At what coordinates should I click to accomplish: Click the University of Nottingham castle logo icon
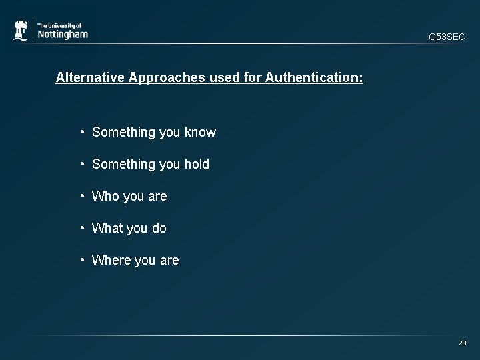(21, 31)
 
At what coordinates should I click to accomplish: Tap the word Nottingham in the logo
(62, 34)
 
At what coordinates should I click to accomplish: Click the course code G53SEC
(447, 37)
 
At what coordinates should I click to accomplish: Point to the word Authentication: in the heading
(314, 78)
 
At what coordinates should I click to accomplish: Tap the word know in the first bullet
(201, 132)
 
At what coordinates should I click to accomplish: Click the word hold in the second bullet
(197, 164)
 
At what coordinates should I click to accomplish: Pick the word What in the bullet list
(107, 228)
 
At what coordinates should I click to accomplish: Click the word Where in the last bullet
(111, 260)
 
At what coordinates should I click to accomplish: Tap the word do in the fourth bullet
(159, 228)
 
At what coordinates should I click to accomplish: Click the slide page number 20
(462, 343)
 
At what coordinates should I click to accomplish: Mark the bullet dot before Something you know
(81, 132)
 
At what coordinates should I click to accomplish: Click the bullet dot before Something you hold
(81, 164)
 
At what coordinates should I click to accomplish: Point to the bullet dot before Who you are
(81, 196)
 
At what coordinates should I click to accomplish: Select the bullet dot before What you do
(81, 228)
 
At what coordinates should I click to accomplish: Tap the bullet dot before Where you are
(81, 260)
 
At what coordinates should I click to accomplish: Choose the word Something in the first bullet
(124, 132)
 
